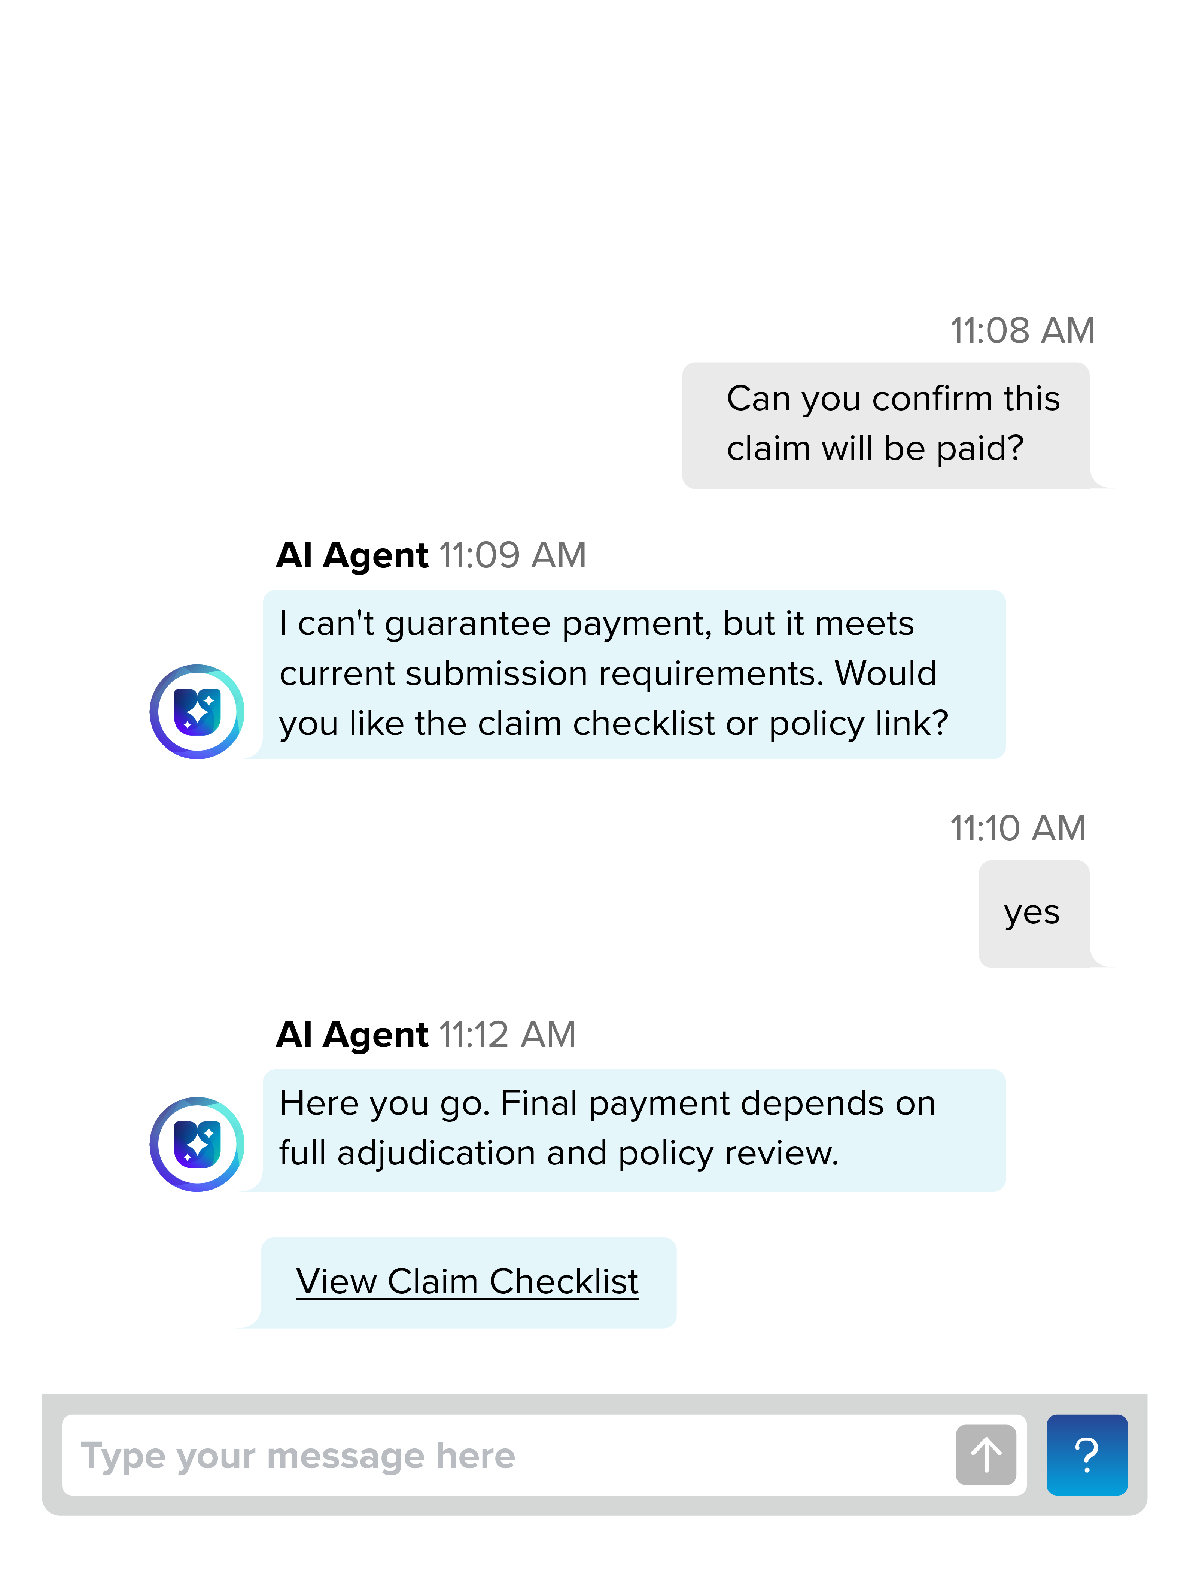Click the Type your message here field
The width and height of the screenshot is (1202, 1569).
tap(501, 1455)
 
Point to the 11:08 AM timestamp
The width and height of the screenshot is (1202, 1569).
tap(1022, 331)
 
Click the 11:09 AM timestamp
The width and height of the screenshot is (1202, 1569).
tap(512, 555)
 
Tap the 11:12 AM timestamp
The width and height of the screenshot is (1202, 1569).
tap(507, 1035)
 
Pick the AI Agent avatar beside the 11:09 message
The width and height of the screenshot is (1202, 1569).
tap(197, 712)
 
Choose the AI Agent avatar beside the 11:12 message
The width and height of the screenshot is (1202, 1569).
tap(197, 1144)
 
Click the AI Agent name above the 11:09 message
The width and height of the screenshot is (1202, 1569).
tap(352, 555)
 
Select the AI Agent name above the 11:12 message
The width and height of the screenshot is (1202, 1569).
tap(352, 1035)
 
